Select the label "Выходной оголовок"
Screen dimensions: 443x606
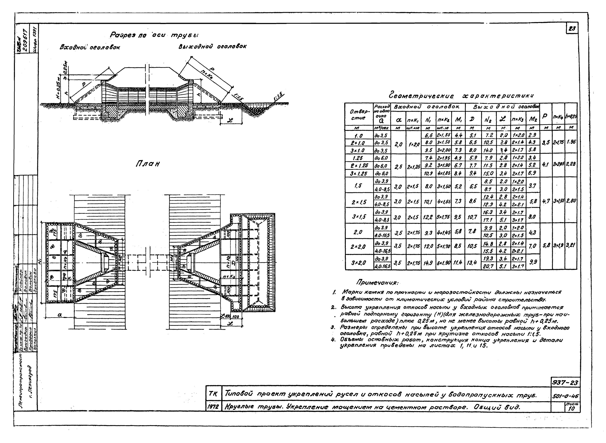[212, 46]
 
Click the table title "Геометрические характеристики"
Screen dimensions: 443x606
[461, 96]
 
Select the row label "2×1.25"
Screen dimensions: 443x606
[359, 165]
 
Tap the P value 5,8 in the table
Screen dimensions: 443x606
[546, 245]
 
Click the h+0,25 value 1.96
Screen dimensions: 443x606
[571, 142]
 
